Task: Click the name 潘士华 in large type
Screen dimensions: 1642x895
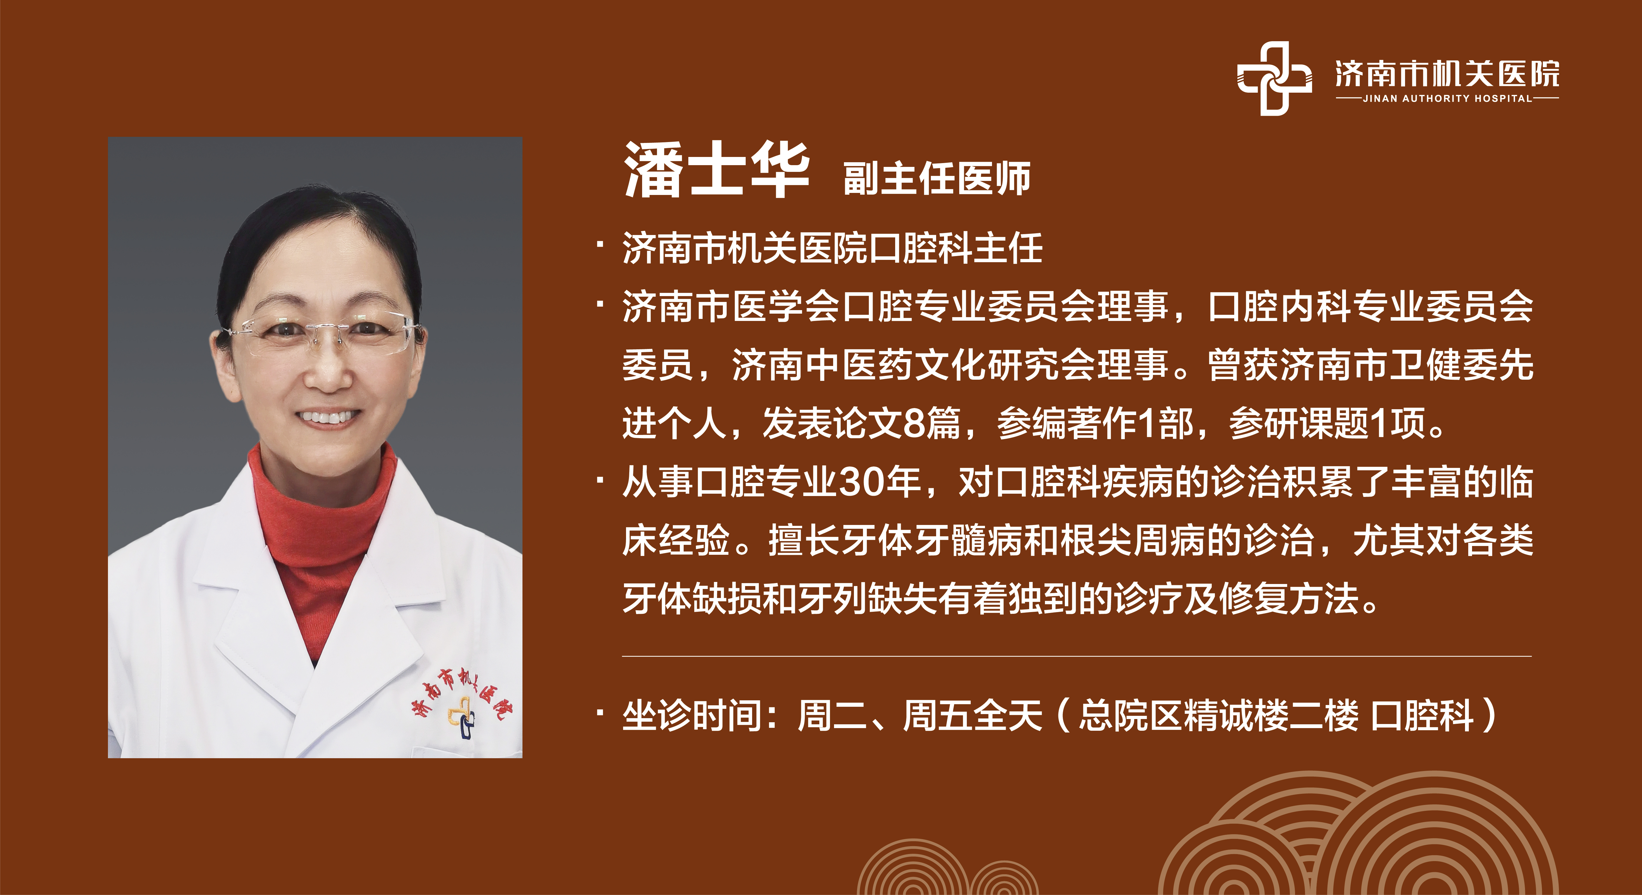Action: tap(716, 170)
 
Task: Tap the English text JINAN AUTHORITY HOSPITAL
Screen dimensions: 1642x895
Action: tap(1447, 99)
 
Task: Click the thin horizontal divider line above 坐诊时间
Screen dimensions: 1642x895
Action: tap(1077, 656)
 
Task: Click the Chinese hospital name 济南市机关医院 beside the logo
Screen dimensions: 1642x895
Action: tap(1447, 74)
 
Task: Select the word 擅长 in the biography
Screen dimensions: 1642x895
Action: tap(803, 541)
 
